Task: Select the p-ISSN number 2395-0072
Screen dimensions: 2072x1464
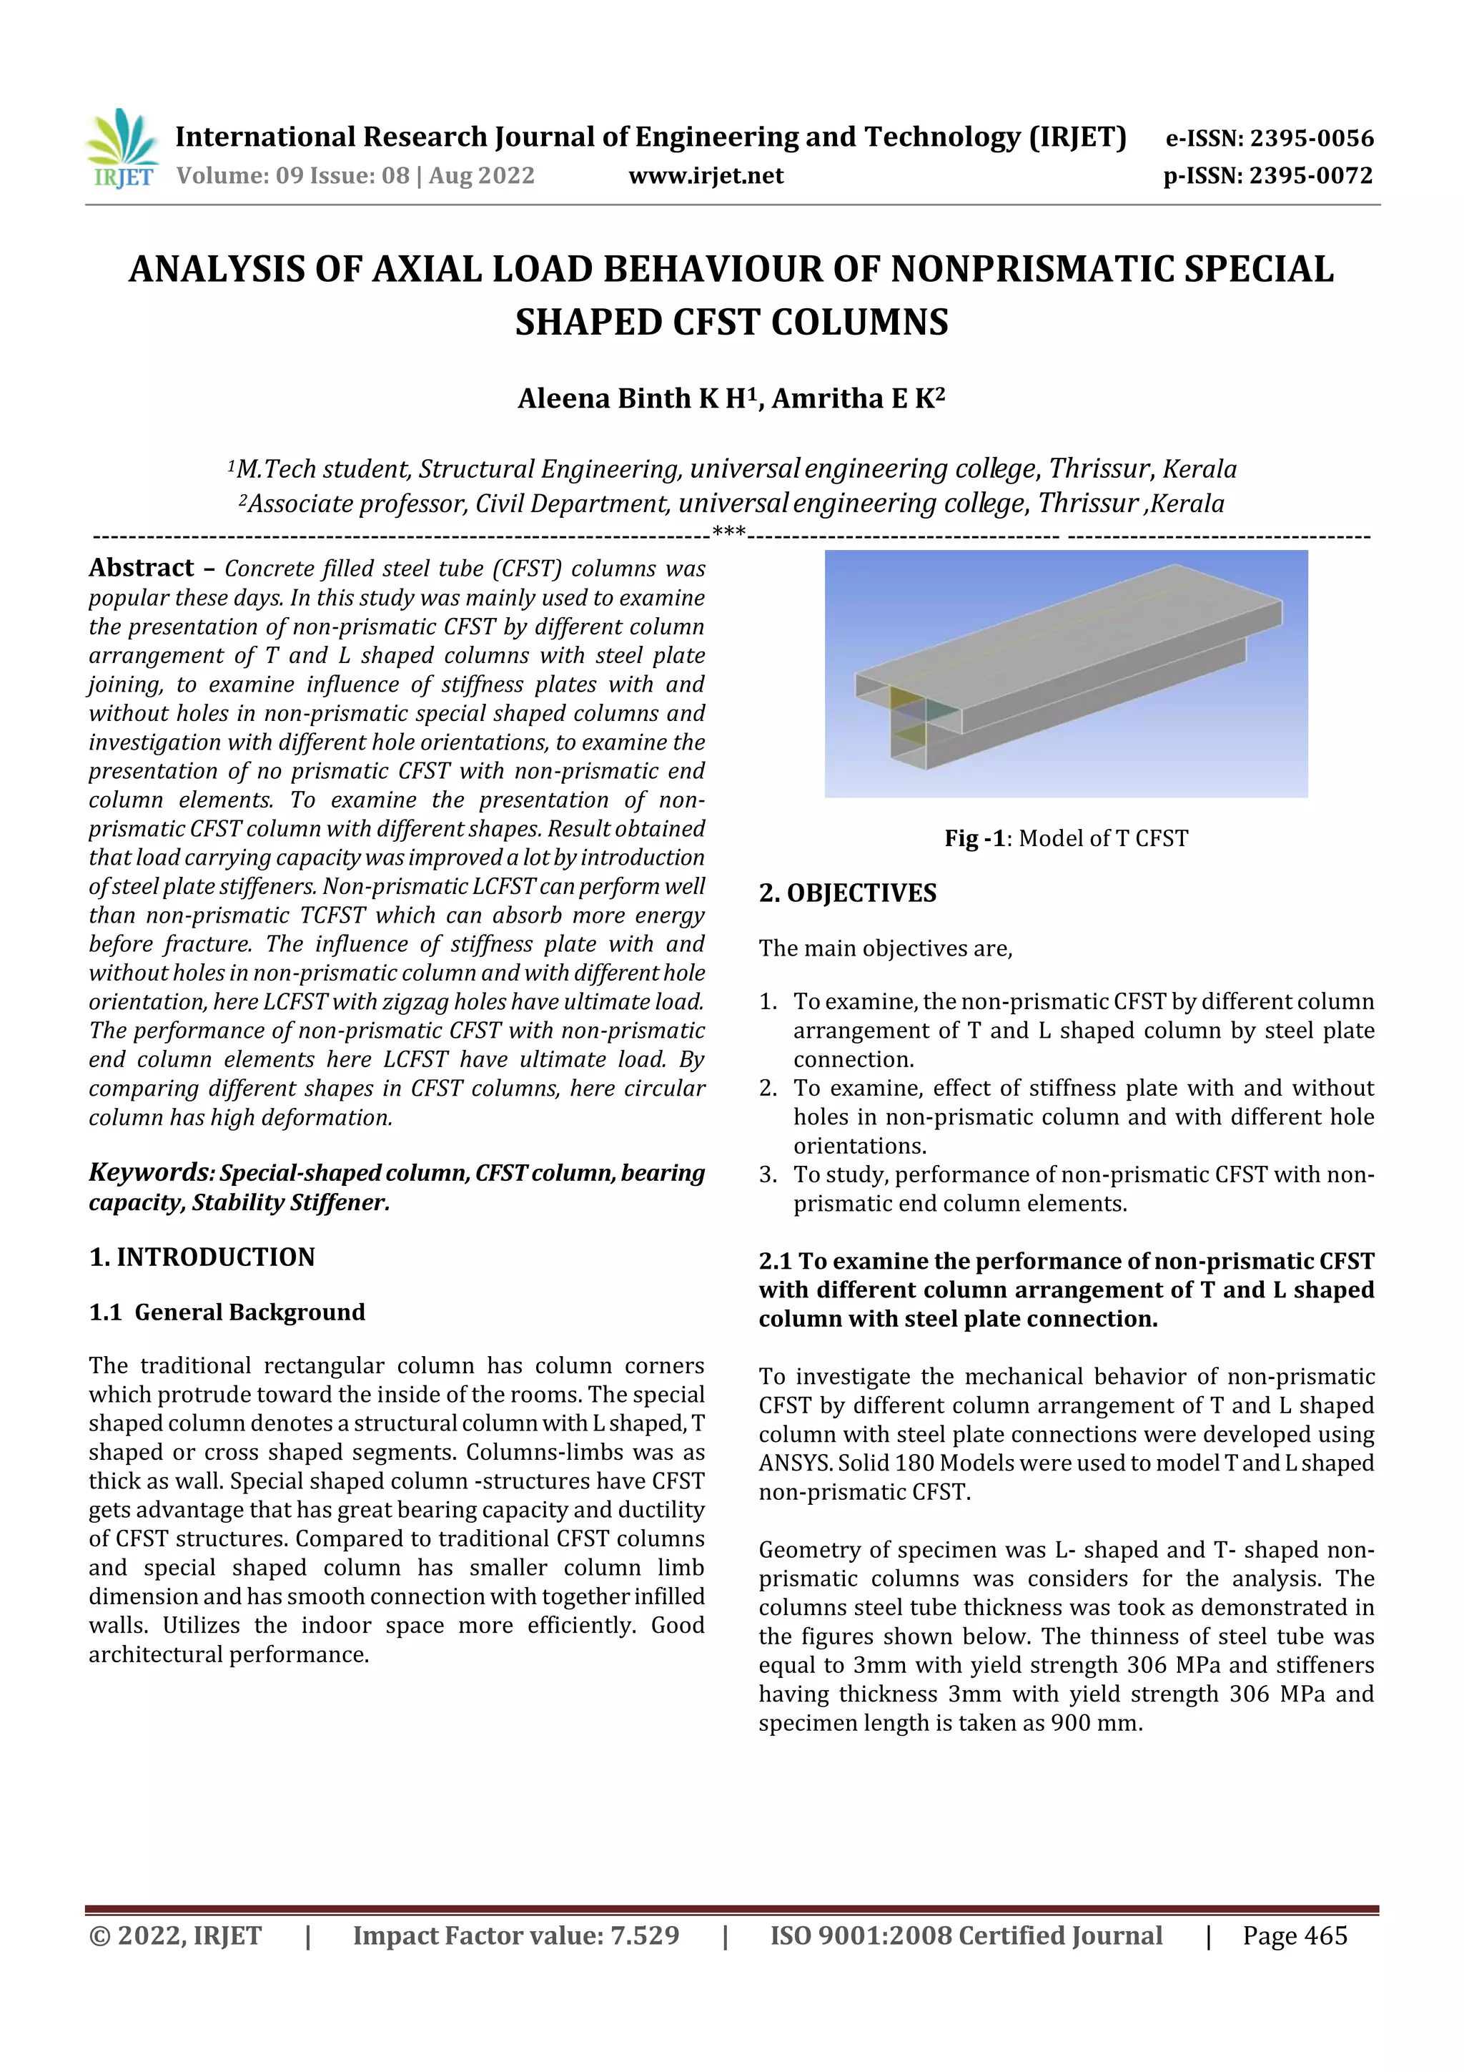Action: pos(1310,175)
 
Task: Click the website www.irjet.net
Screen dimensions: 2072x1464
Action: pos(706,175)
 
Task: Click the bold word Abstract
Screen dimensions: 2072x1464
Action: pos(142,568)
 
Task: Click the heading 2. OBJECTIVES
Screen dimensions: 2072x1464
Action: pos(847,893)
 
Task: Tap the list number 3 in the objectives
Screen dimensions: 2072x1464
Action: pos(767,1174)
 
